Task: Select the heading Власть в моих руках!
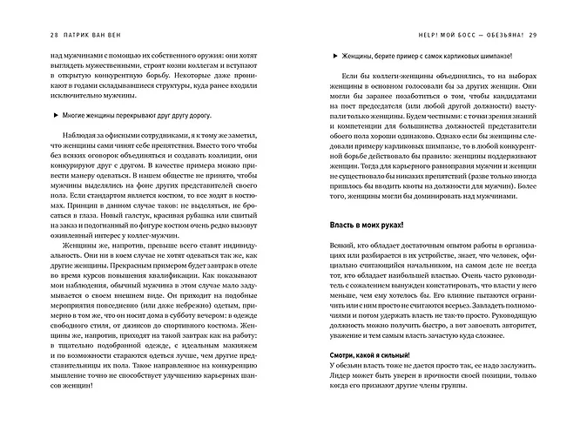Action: pos(366,225)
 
